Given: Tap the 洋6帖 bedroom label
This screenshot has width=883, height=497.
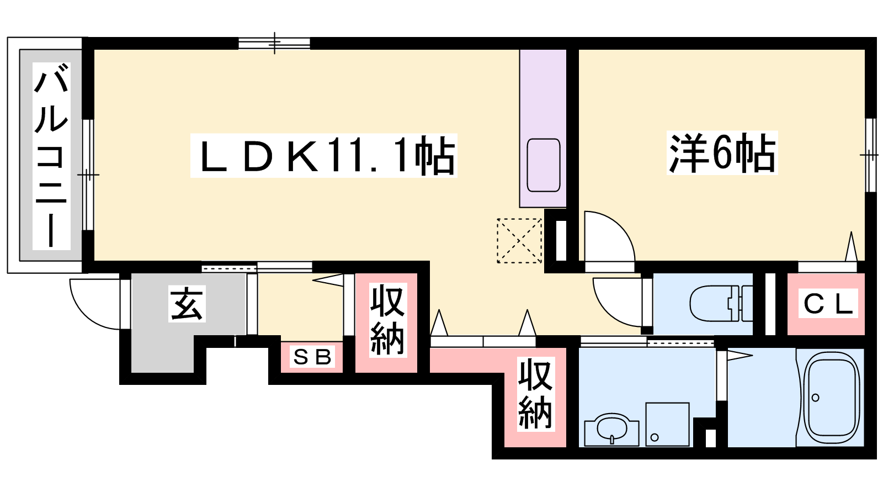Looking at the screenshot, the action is click(x=722, y=153).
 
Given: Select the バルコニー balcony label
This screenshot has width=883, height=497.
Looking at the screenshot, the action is click(x=51, y=156).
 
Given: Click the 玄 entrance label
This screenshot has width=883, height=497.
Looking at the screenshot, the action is click(x=187, y=303).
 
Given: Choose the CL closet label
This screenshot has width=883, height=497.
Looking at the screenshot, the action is click(x=828, y=303).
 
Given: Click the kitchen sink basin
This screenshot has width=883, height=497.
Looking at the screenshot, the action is click(x=544, y=165).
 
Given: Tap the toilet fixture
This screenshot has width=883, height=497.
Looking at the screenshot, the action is click(x=721, y=303).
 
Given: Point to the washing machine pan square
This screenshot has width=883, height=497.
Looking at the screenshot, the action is click(x=667, y=425).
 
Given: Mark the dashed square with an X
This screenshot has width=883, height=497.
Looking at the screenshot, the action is click(x=519, y=241).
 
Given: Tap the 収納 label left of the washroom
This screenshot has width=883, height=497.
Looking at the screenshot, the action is click(x=535, y=394).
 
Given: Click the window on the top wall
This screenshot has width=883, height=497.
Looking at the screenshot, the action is click(x=274, y=43).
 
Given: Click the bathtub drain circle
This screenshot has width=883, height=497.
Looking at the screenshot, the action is click(x=816, y=398).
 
